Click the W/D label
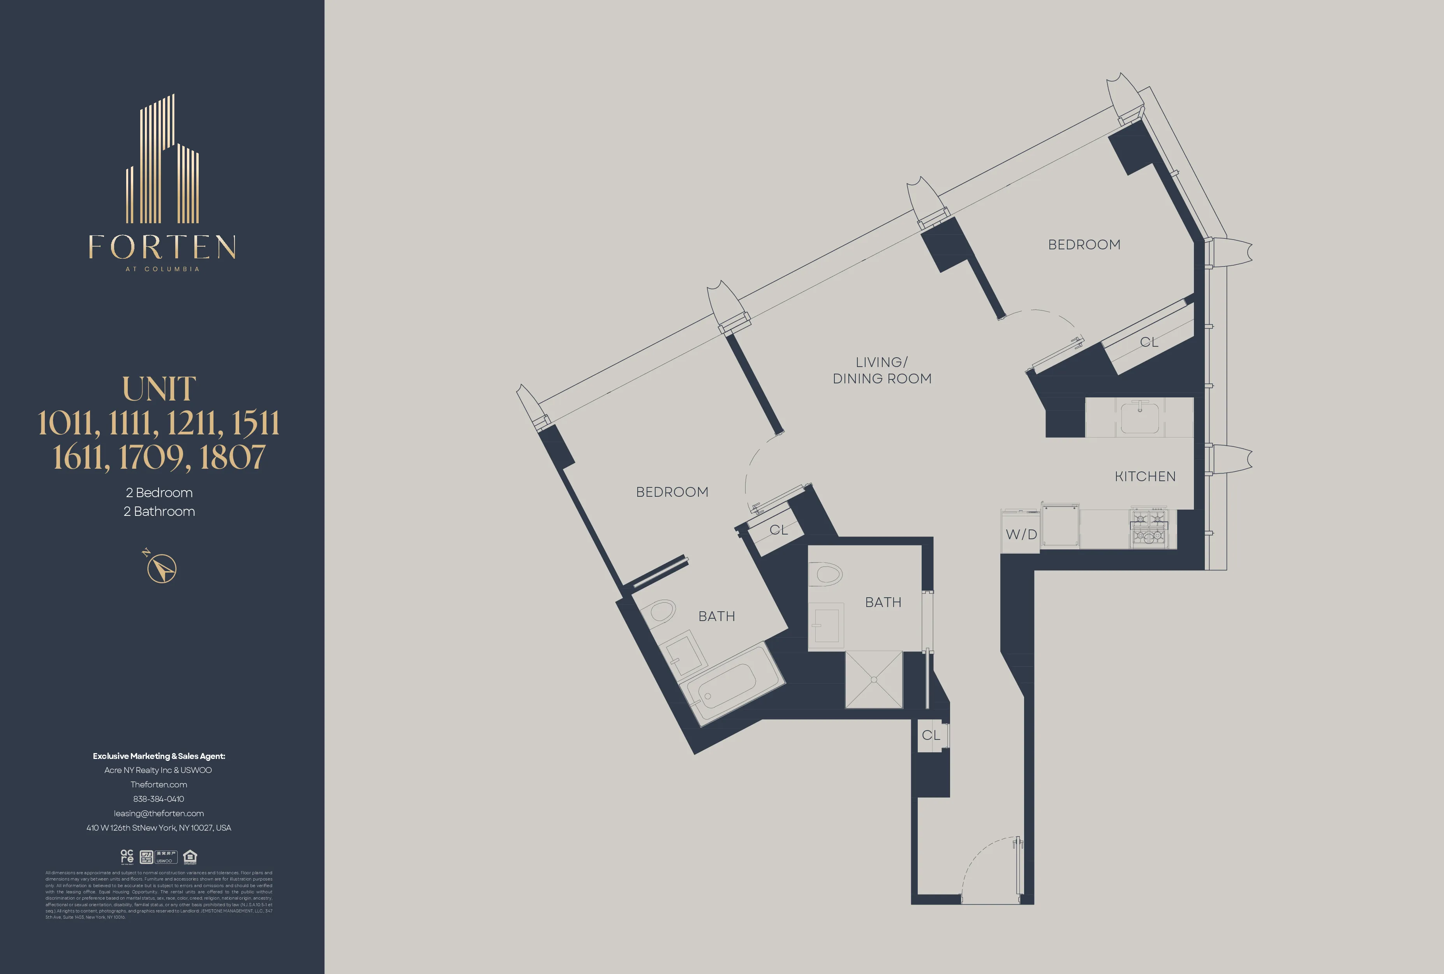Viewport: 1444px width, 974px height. (x=1021, y=534)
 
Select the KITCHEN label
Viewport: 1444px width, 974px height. (x=1144, y=476)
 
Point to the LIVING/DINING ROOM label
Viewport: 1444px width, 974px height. (x=882, y=370)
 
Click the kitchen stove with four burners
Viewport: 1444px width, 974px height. (x=1148, y=528)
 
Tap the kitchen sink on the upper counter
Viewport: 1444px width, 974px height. (x=1140, y=417)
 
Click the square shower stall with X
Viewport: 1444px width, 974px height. (x=874, y=679)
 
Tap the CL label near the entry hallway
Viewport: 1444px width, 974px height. (x=930, y=736)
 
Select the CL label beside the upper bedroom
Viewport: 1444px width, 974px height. (x=1148, y=342)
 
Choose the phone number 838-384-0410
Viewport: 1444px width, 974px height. (x=159, y=799)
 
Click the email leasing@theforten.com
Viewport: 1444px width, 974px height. (x=159, y=813)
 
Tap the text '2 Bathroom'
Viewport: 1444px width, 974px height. (x=159, y=511)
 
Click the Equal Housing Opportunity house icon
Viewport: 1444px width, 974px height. (x=190, y=857)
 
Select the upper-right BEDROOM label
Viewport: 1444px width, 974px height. (x=1084, y=245)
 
